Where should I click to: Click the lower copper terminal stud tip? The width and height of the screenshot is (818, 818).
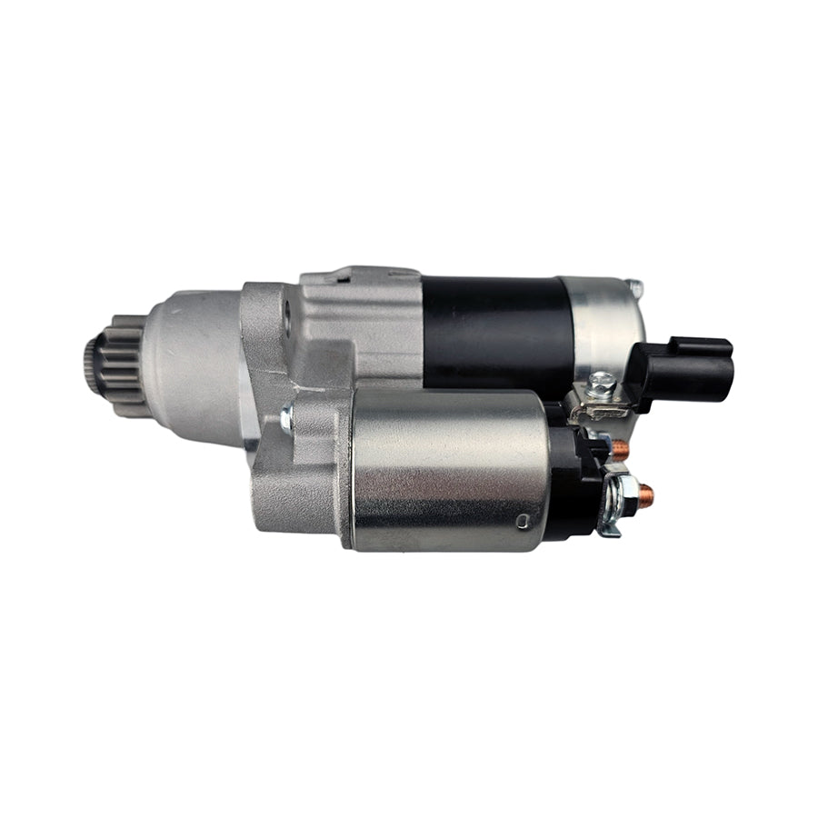click(646, 494)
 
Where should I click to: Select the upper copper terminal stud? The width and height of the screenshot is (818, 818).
click(620, 447)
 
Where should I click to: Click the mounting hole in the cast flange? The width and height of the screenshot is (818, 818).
click(288, 320)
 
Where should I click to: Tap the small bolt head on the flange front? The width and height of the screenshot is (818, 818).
click(287, 417)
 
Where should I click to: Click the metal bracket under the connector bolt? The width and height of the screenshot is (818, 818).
click(600, 408)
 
